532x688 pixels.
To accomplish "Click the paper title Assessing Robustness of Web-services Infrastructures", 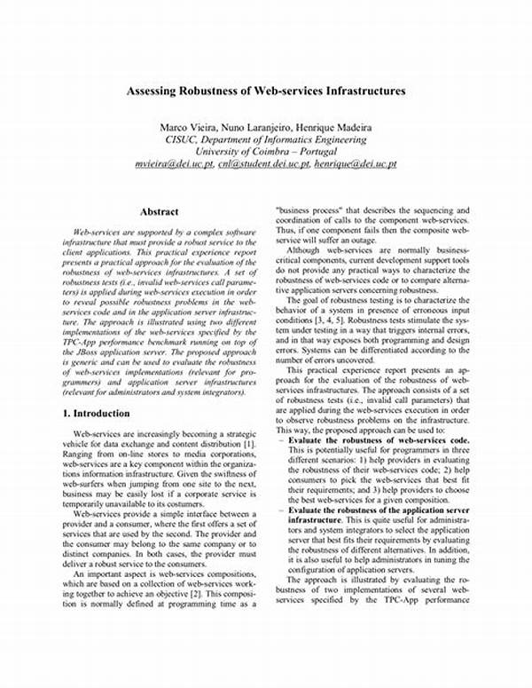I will pyautogui.click(x=267, y=91).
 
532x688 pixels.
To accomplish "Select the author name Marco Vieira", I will pyautogui.click(x=185, y=125).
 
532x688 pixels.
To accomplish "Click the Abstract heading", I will pyautogui.click(x=159, y=211).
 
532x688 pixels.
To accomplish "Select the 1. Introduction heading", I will pyautogui.click(x=97, y=414).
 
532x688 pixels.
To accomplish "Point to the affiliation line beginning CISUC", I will pyautogui.click(x=267, y=139).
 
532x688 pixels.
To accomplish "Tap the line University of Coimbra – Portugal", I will pyautogui.click(x=267, y=152).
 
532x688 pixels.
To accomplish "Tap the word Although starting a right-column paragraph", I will pyautogui.click(x=306, y=251).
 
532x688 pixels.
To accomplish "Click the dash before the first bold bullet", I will pyautogui.click(x=281, y=440).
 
